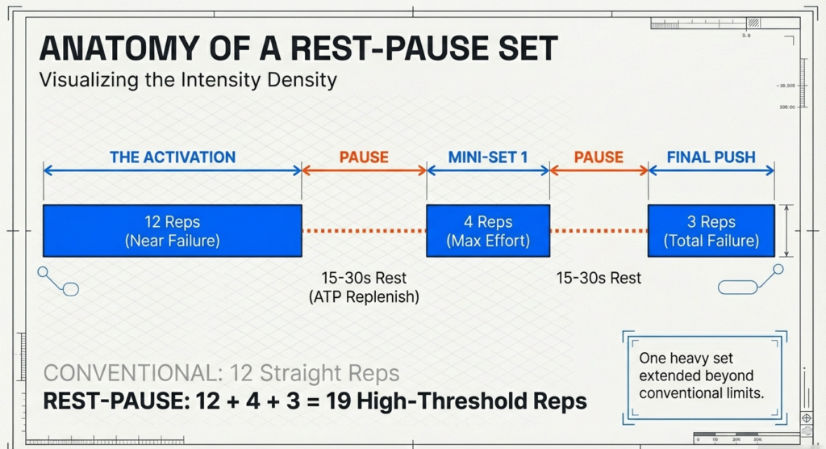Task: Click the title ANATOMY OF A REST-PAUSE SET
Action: coord(298,49)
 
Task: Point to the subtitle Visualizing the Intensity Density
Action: coord(188,81)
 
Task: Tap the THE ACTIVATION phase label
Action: coord(173,157)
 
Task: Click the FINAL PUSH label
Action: coord(711,157)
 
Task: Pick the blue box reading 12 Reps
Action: coord(173,230)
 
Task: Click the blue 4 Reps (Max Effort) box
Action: coord(488,230)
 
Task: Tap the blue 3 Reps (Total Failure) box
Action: coord(711,230)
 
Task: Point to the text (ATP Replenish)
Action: coord(364,297)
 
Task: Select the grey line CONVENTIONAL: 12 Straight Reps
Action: coord(221,373)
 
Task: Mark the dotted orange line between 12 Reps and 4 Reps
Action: coord(364,231)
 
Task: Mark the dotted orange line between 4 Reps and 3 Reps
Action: coord(599,231)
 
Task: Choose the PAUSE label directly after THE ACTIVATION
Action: coord(364,157)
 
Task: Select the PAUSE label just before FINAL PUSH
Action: coord(599,157)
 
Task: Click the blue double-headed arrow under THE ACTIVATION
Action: coord(173,170)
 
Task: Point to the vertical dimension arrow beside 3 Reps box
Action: coord(790,231)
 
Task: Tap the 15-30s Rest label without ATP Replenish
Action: coord(599,278)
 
